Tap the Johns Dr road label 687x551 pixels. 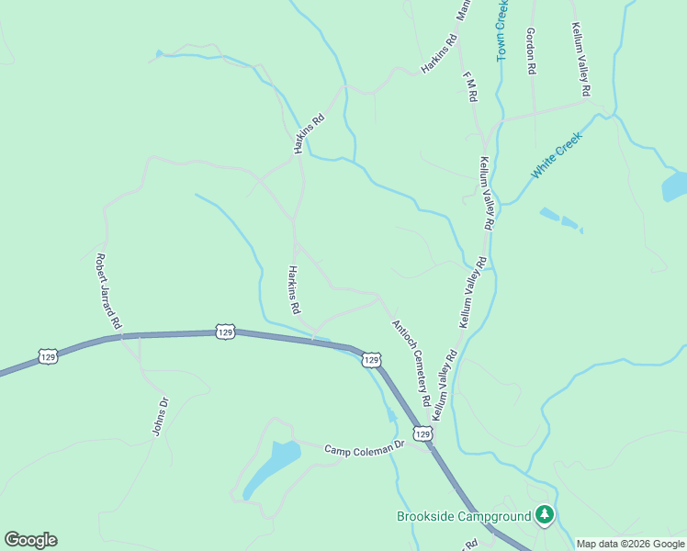pyautogui.click(x=161, y=416)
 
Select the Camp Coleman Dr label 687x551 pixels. pyautogui.click(x=365, y=447)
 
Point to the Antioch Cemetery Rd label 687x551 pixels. pyautogui.click(x=411, y=363)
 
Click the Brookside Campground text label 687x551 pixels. pyautogui.click(x=464, y=516)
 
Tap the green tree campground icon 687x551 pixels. pyautogui.click(x=546, y=515)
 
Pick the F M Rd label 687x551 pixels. pyautogui.click(x=470, y=85)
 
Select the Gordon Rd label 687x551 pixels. pyautogui.click(x=531, y=50)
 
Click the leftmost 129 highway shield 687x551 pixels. pyautogui.click(x=49, y=355)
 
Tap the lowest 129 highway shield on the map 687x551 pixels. pyautogui.click(x=422, y=433)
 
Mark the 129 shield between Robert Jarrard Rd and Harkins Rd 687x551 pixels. pyautogui.click(x=225, y=331)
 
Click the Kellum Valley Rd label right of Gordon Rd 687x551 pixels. pyautogui.click(x=580, y=60)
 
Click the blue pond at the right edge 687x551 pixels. pyautogui.click(x=673, y=186)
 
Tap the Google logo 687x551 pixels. pyautogui.click(x=30, y=540)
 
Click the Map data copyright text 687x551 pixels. pyautogui.click(x=630, y=544)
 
